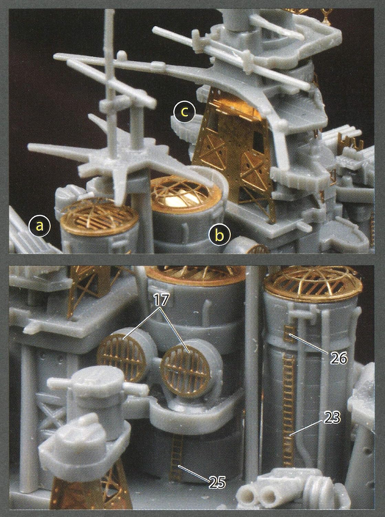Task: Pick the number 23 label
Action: point(332,417)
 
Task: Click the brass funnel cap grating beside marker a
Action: point(99,217)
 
